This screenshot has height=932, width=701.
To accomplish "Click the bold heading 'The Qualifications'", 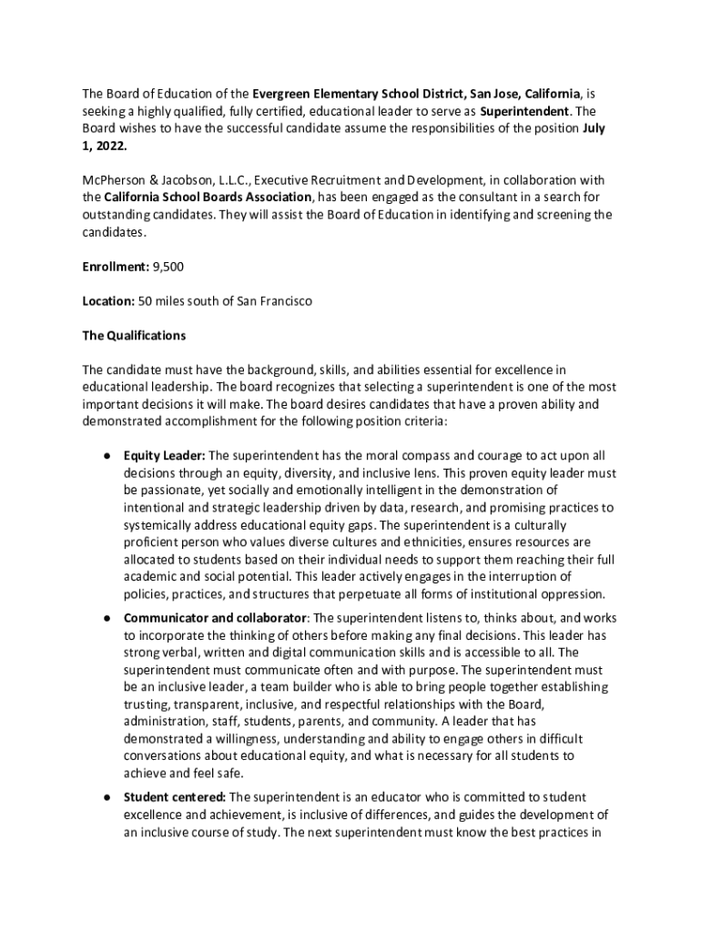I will [x=134, y=336].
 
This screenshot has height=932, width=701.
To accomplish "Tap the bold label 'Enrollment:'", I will [x=117, y=267].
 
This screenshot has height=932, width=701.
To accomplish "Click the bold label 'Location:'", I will [x=108, y=301].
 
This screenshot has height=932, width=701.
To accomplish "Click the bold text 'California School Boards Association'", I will [x=208, y=198].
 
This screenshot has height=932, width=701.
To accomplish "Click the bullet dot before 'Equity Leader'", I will [x=107, y=456].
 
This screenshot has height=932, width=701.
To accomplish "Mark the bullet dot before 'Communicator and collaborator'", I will [x=107, y=618].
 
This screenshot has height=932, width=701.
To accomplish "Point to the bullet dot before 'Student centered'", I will [x=107, y=797].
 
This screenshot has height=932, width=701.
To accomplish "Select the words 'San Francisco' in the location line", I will [x=272, y=301].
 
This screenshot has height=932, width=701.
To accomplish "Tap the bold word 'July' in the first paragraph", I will [x=594, y=128].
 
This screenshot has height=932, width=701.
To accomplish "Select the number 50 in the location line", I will [x=145, y=301].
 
